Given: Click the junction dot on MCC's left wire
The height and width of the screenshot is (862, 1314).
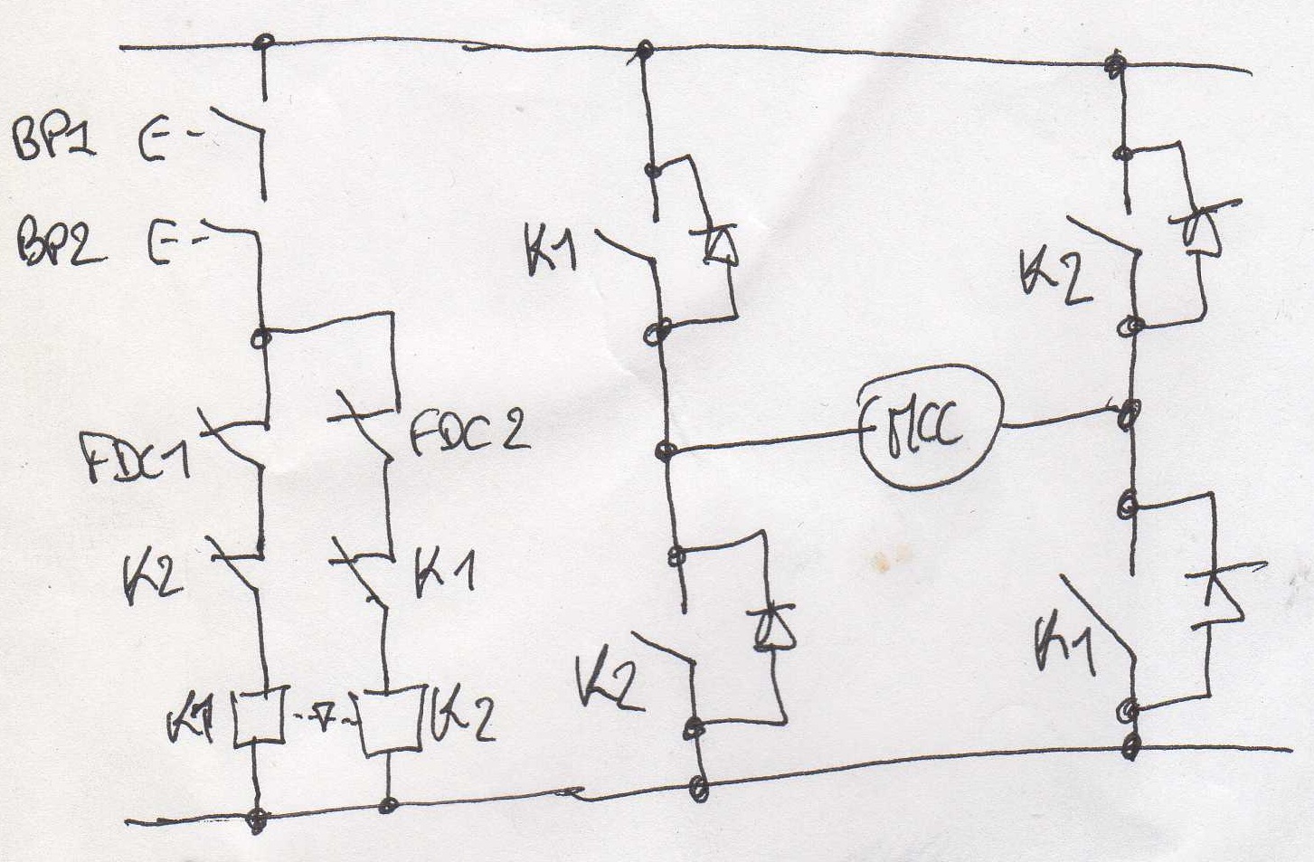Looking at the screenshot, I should [x=666, y=450].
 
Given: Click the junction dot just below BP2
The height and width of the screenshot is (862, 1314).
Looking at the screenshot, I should [x=262, y=339].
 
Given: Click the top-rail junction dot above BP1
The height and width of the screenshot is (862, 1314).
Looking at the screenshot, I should [x=264, y=42].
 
